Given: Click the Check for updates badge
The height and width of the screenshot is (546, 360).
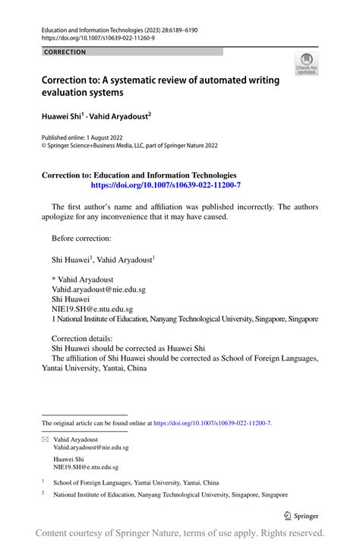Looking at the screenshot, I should click(306, 64).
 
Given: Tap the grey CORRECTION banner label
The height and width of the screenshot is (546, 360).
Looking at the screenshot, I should click(65, 52).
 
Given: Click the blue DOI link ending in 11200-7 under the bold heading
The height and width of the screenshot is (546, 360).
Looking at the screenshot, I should click(166, 185).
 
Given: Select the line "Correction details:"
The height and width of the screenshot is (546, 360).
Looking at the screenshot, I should click(82, 339).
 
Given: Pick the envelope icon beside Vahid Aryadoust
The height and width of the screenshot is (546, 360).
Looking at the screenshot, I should click(45, 440).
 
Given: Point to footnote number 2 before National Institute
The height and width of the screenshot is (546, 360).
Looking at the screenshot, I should click(43, 493).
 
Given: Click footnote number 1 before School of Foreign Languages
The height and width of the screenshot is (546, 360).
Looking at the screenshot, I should click(43, 481).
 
